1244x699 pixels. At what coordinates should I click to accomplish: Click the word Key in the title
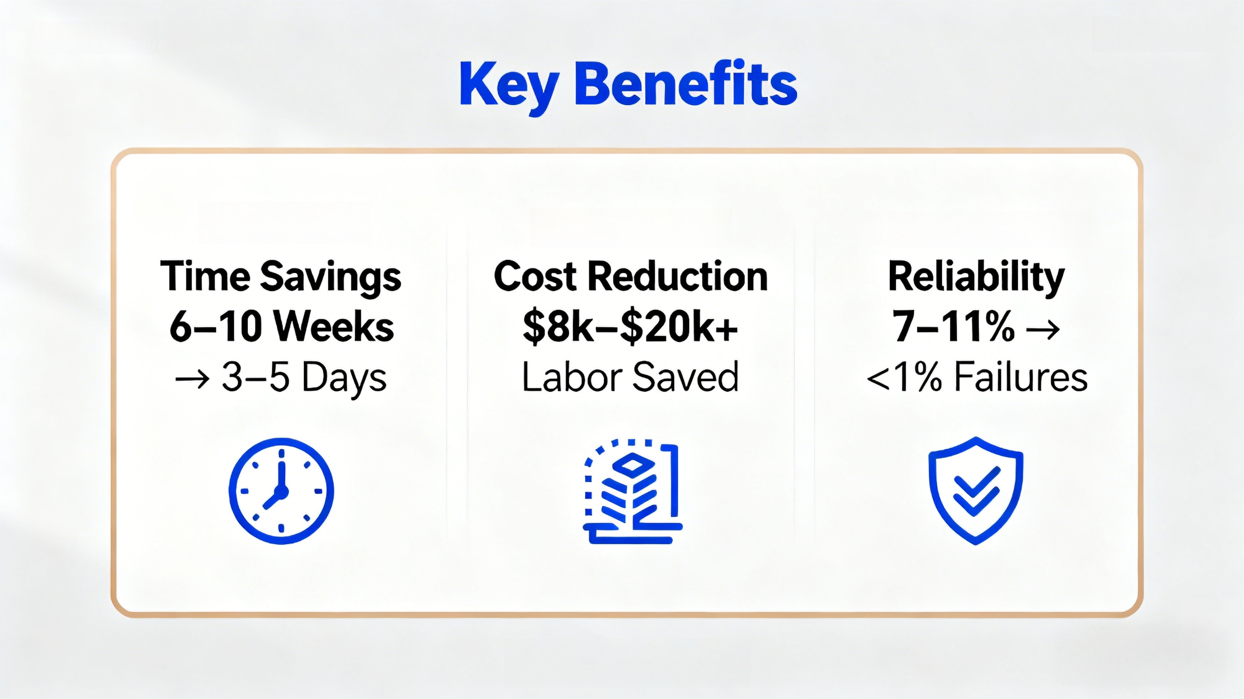(509, 88)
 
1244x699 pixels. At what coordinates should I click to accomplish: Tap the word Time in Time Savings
(204, 276)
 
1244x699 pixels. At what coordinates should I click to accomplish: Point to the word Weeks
(334, 327)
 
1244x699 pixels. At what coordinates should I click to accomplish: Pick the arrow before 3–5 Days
(192, 378)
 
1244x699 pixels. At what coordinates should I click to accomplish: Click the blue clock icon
(281, 491)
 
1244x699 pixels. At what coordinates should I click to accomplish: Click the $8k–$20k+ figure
(630, 327)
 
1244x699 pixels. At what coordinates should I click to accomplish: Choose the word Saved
(686, 377)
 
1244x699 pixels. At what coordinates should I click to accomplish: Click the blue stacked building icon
(632, 491)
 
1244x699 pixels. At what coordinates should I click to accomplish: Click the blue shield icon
(976, 490)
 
